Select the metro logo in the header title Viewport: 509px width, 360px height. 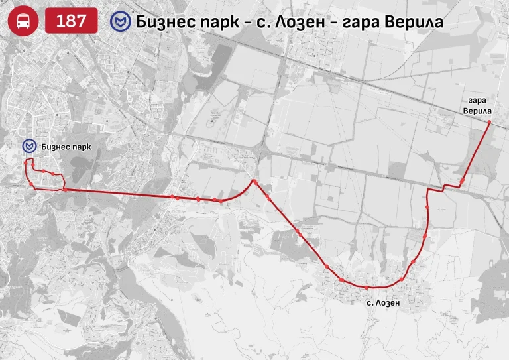pyautogui.click(x=122, y=21)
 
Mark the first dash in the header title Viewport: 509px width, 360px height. pyautogui.click(x=247, y=22)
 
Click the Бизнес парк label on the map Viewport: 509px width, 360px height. pyautogui.click(x=65, y=146)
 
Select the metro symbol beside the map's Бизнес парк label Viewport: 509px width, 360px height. pyautogui.click(x=29, y=146)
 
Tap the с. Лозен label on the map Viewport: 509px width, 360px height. pyautogui.click(x=384, y=302)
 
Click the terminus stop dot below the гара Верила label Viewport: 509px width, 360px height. pyautogui.click(x=489, y=123)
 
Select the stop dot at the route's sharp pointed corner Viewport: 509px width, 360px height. pyautogui.click(x=254, y=180)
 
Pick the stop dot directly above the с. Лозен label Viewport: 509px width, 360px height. pyautogui.click(x=367, y=287)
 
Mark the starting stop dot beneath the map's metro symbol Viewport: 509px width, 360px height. pyautogui.click(x=27, y=161)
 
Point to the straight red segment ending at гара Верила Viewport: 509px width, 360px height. pyautogui.click(x=476, y=151)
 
